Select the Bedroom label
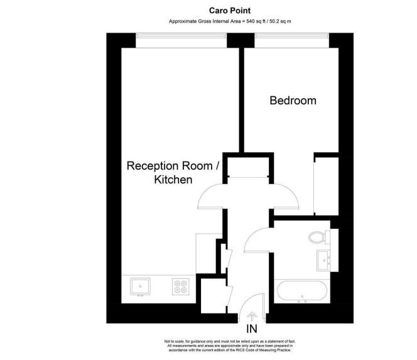click(293, 101)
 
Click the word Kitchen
click(173, 180)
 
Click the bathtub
click(302, 292)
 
